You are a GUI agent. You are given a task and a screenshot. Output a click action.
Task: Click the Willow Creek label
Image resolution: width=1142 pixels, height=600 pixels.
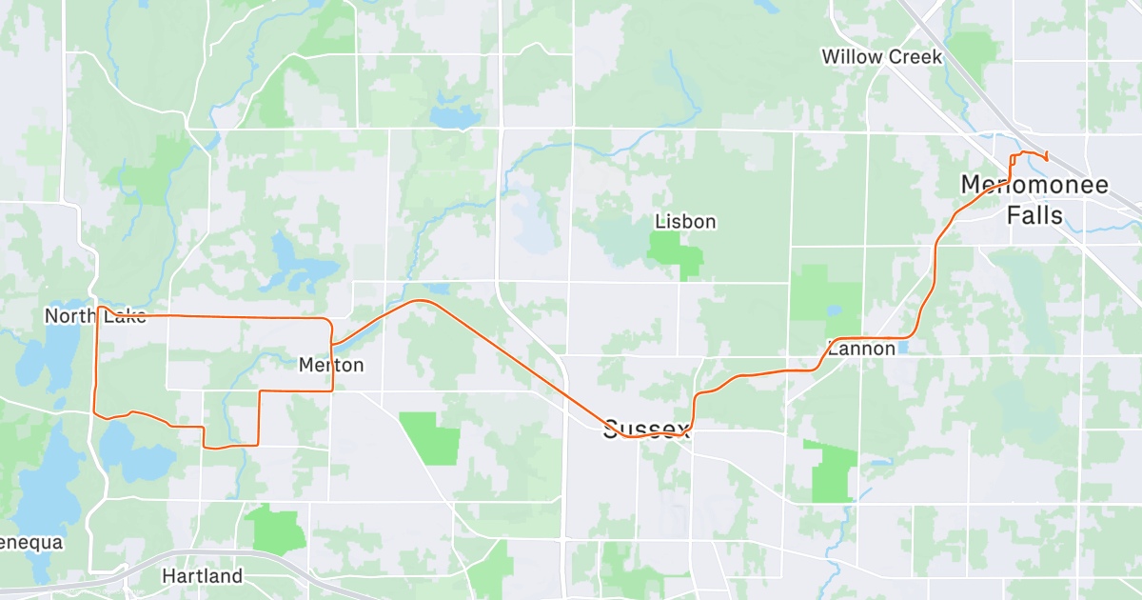(882, 57)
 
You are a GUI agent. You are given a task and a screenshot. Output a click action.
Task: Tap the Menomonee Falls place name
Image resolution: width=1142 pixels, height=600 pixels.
(1034, 200)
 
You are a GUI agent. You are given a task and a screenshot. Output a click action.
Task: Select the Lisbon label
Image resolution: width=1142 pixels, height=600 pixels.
(685, 222)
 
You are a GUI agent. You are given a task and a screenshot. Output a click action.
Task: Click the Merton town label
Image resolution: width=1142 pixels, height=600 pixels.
(330, 365)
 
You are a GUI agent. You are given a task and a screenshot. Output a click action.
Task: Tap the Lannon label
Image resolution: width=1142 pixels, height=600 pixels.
(862, 349)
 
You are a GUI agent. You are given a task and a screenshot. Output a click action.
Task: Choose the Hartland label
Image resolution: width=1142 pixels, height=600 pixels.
(202, 576)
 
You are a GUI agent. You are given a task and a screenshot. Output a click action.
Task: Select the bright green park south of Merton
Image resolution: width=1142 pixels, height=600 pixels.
(429, 438)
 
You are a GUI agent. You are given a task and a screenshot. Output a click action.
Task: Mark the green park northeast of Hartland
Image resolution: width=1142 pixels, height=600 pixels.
(275, 530)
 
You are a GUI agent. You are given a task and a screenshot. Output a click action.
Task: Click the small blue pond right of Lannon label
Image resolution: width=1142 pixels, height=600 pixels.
(901, 349)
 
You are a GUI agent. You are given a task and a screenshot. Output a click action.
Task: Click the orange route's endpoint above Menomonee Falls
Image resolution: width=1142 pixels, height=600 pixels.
(1047, 158)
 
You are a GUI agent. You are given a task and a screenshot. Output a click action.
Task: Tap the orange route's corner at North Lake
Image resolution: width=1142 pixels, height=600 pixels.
(99, 308)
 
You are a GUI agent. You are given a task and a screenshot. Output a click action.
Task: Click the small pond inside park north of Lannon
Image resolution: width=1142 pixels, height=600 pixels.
(835, 310)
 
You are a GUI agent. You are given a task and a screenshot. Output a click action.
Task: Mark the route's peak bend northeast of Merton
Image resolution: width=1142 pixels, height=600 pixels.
(421, 301)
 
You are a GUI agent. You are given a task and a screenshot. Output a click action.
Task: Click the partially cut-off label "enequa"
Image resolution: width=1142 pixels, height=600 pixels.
(30, 543)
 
